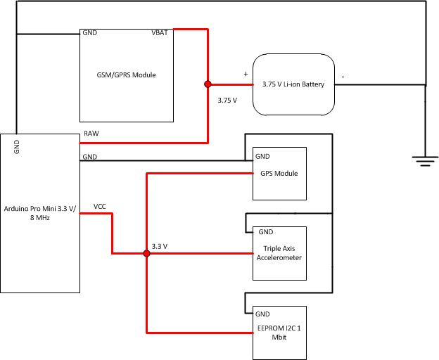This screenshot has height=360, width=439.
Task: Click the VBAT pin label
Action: point(159,33)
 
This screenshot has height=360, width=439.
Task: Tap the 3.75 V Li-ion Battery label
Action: point(293,84)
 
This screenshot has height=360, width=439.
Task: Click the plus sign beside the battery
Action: point(246,73)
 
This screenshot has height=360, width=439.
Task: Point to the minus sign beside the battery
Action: point(343,75)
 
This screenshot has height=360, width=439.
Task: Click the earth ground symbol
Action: point(424,162)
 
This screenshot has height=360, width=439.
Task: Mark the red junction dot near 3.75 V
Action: point(208,84)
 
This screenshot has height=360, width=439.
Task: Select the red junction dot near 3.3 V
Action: point(146,253)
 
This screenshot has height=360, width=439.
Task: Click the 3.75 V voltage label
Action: point(227,101)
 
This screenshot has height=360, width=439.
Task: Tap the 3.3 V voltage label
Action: point(160,246)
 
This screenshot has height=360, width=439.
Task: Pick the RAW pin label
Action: point(91,134)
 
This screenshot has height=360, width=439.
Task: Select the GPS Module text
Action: point(279,173)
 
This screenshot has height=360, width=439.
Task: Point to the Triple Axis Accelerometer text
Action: point(281,253)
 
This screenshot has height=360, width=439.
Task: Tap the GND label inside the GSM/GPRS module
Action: point(90,33)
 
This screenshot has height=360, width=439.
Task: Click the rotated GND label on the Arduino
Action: point(16,146)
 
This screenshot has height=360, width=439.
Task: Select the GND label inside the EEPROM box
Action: point(262,314)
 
